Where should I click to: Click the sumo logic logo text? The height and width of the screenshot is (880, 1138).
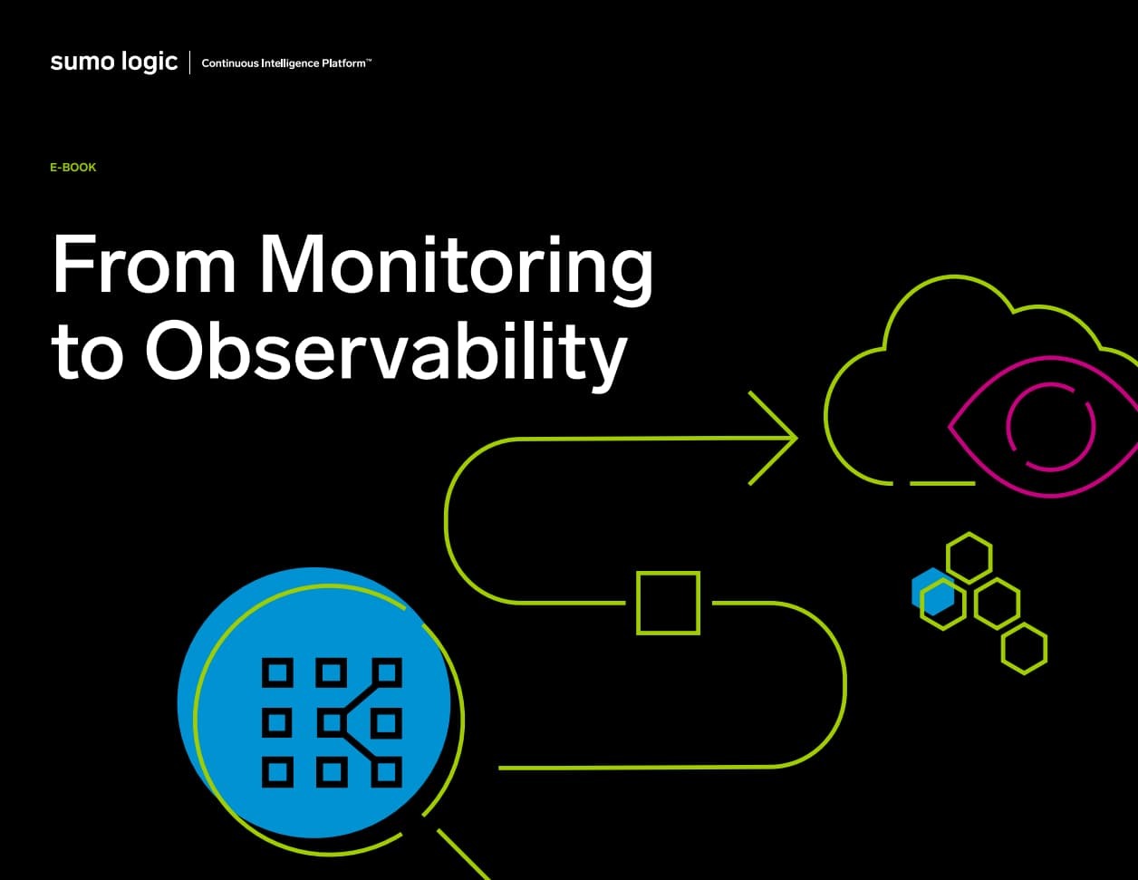[x=114, y=62]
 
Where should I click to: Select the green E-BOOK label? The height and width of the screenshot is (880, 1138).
[x=72, y=167]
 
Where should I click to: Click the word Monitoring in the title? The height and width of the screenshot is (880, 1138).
[x=456, y=265]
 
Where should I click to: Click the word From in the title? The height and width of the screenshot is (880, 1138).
[x=143, y=264]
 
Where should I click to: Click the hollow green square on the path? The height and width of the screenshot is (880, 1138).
[x=669, y=603]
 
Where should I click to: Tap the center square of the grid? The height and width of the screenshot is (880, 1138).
[x=331, y=723]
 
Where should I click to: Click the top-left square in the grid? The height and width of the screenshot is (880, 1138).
[x=277, y=672]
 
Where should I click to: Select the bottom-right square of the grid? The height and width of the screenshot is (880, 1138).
[x=387, y=772]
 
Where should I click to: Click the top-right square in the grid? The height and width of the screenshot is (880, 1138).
[x=387, y=672]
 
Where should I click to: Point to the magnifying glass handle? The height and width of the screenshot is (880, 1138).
[x=464, y=855]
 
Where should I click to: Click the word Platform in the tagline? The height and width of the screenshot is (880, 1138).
[x=343, y=63]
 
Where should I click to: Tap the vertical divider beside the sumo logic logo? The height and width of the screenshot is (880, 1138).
[x=189, y=63]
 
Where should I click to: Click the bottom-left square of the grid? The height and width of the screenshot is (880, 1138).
[x=277, y=772]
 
